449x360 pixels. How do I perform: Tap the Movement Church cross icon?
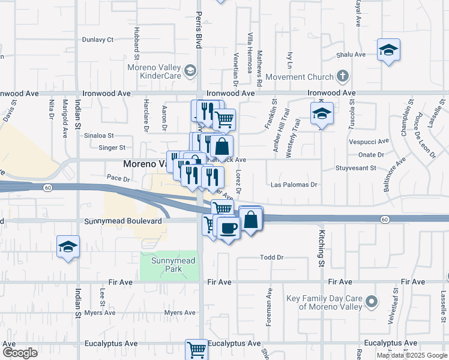tap(343, 76)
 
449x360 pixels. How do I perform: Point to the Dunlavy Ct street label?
tap(98, 40)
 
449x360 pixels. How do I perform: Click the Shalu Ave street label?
tap(351, 54)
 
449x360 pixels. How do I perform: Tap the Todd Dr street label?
tap(271, 257)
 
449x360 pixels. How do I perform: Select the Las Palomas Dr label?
tap(294, 185)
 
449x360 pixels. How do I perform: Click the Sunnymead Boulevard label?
tap(123, 221)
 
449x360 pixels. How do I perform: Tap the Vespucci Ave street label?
tap(369, 143)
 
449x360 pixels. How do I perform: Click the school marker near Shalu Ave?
tap(388, 50)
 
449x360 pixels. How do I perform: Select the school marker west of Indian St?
tap(68, 247)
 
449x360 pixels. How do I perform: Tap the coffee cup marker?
tap(228, 228)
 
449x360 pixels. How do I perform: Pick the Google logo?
tap(20, 352)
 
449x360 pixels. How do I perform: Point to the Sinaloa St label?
tap(98, 136)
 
